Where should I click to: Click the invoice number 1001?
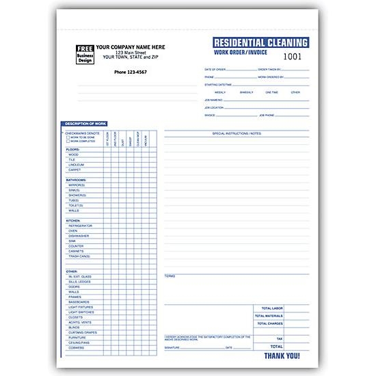point(291,58)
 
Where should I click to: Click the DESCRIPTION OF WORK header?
point(83,123)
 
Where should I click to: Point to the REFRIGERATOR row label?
point(81,225)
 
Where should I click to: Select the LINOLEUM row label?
point(77,163)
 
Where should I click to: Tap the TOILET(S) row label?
point(75,205)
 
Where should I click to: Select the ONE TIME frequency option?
point(271,92)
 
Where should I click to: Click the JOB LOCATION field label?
point(214,107)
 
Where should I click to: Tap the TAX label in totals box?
point(278,338)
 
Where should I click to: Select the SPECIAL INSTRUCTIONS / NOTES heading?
point(237,133)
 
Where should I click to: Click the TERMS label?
point(170,276)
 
